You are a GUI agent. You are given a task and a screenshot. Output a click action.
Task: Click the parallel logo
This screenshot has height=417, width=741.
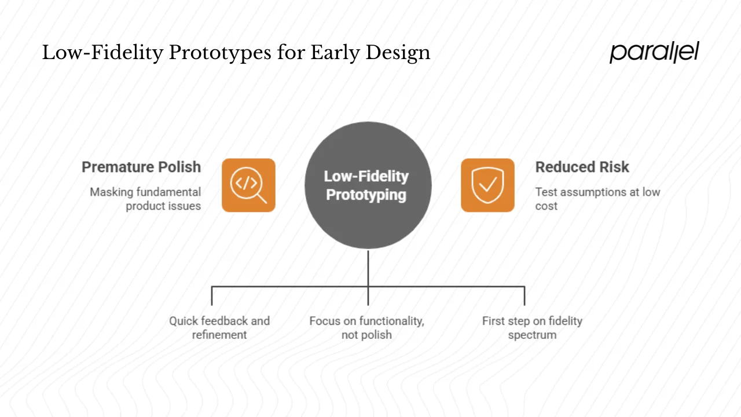pyautogui.click(x=654, y=53)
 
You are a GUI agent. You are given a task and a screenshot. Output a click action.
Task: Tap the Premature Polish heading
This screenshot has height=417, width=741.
pyautogui.click(x=141, y=167)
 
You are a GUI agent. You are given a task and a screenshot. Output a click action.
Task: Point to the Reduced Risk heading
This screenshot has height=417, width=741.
pyautogui.click(x=582, y=167)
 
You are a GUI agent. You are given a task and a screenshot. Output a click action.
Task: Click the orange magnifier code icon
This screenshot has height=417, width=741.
pyautogui.click(x=248, y=185)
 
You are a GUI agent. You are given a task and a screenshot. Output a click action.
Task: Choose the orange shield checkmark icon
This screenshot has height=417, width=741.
pyautogui.click(x=487, y=185)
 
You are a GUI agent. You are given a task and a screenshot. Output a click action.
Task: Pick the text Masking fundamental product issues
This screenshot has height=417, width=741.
pyautogui.click(x=145, y=199)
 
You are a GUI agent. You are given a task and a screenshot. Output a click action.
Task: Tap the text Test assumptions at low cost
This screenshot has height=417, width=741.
pyautogui.click(x=597, y=199)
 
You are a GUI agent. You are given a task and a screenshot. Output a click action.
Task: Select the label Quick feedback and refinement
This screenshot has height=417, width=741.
pyautogui.click(x=219, y=328)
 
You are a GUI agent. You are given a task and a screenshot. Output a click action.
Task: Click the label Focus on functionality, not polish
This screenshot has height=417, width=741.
pyautogui.click(x=366, y=328)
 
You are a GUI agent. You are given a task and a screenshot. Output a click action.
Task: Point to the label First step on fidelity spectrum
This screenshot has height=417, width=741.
pyautogui.click(x=532, y=328)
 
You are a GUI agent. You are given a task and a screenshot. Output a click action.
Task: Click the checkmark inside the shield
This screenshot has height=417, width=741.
pyautogui.click(x=488, y=185)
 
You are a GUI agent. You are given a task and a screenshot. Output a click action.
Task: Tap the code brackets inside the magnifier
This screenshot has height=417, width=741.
pyautogui.click(x=245, y=183)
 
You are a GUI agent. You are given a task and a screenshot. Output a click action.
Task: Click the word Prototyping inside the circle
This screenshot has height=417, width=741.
pyautogui.click(x=366, y=195)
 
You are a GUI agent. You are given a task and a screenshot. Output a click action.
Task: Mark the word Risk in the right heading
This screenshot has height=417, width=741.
pyautogui.click(x=614, y=167)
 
